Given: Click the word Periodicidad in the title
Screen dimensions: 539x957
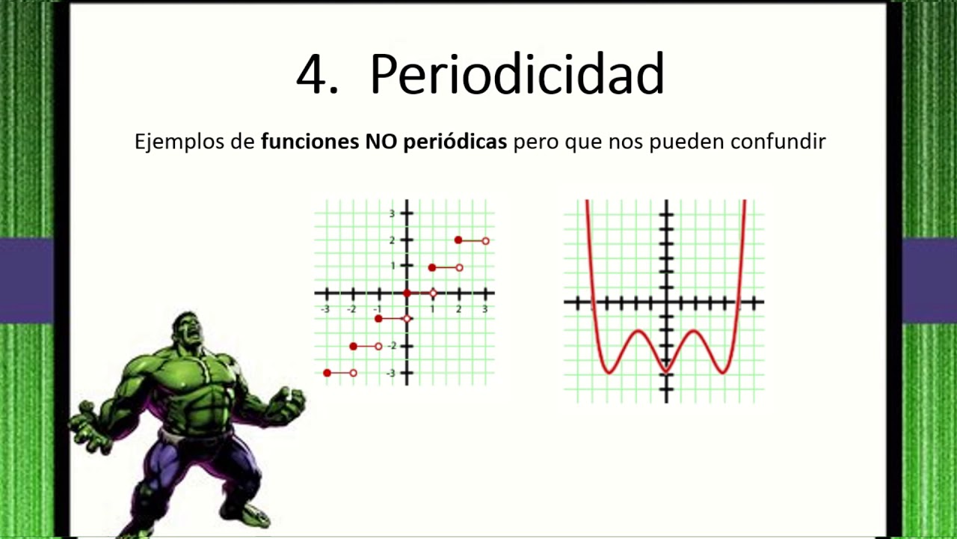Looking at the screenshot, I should point(517,74).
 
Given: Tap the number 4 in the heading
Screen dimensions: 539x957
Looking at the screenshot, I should point(314,74).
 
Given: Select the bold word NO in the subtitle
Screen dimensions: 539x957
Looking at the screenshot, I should point(381,141).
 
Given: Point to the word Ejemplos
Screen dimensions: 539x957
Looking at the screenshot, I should point(174,141).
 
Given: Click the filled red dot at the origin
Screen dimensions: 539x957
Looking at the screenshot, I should point(407,293).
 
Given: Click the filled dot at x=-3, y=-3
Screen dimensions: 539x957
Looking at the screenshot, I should point(327,373).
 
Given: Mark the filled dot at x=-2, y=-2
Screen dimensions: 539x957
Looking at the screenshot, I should point(353,346).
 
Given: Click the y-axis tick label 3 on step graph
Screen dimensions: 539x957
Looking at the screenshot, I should point(391,213).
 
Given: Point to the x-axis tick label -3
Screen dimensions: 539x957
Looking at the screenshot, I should point(324,308).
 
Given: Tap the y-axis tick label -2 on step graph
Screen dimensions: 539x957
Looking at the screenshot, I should point(391,346).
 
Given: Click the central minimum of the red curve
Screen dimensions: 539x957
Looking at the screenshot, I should point(665,371).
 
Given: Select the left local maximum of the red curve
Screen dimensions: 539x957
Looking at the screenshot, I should point(638,331).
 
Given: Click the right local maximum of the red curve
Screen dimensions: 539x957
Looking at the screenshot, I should point(695,331).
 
